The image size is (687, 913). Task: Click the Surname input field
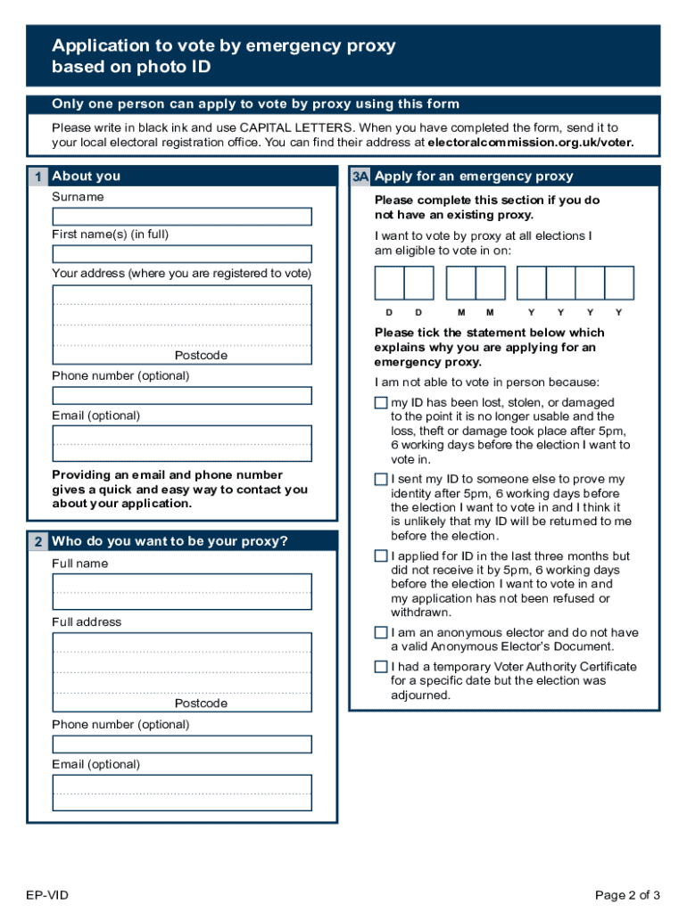(x=182, y=217)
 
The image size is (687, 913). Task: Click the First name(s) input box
(x=182, y=254)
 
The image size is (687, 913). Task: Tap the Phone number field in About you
(x=182, y=395)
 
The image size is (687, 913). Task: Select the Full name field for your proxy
(x=182, y=591)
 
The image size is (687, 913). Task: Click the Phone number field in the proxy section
(x=182, y=744)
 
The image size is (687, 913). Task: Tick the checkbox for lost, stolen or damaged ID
(x=381, y=403)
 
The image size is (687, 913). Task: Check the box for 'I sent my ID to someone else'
(x=381, y=480)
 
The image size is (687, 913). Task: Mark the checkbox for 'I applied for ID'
(x=381, y=556)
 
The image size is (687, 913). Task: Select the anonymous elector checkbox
(x=381, y=633)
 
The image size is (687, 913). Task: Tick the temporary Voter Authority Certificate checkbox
(x=381, y=667)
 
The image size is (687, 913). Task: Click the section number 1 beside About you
(x=37, y=177)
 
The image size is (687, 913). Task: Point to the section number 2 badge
(x=37, y=541)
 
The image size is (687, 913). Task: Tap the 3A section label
(x=360, y=177)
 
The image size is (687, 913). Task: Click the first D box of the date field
(x=390, y=283)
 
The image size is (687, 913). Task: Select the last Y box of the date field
(x=619, y=283)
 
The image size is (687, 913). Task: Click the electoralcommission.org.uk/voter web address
(x=531, y=143)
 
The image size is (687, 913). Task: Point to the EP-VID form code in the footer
(x=47, y=895)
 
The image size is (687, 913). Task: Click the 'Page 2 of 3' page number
(x=627, y=895)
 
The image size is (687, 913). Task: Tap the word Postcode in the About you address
(x=201, y=356)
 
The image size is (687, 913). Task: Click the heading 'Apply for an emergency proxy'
(x=474, y=177)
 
